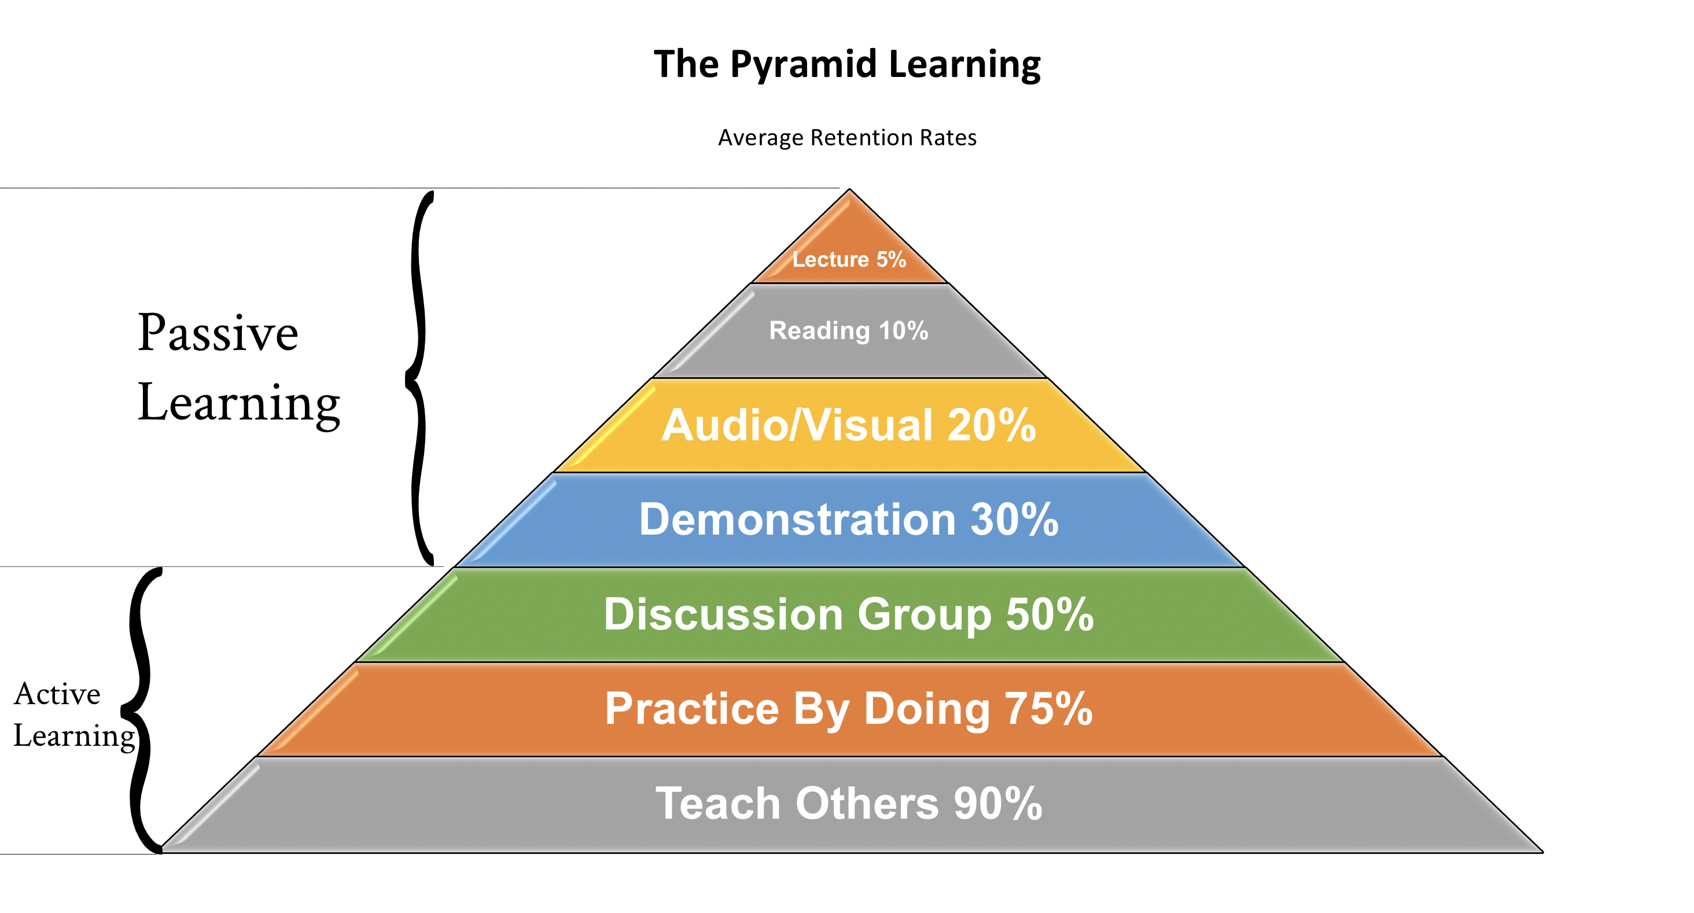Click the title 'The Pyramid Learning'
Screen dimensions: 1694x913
(x=847, y=64)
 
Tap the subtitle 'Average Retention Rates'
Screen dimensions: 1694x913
(x=847, y=138)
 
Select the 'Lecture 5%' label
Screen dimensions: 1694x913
(x=849, y=259)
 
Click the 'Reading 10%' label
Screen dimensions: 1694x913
(x=849, y=330)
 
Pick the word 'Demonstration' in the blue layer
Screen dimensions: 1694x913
(x=797, y=519)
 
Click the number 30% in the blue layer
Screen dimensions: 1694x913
(x=1014, y=519)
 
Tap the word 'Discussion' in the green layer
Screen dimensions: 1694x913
(x=723, y=614)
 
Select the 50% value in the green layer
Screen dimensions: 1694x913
(x=1050, y=614)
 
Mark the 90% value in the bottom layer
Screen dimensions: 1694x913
(x=998, y=803)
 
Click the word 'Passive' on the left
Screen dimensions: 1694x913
(x=218, y=333)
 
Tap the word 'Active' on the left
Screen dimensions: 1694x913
(x=57, y=694)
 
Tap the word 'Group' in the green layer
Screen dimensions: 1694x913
(x=925, y=615)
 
